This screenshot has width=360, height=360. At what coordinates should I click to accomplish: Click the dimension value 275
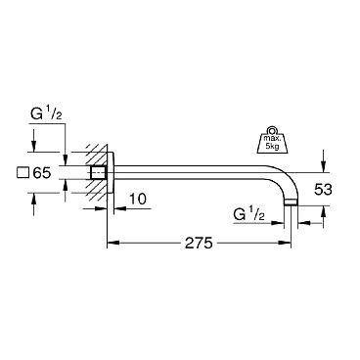[x=199, y=243]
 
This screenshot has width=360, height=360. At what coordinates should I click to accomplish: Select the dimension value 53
[x=323, y=190]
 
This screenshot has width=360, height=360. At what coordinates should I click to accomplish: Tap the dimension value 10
[x=138, y=199]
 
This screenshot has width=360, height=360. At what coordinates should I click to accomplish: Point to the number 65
[x=42, y=173]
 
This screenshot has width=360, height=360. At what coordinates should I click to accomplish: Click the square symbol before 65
[x=23, y=173]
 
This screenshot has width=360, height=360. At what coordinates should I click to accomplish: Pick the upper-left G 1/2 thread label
[x=46, y=114]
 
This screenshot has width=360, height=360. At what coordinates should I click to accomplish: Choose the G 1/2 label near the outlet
[x=248, y=215]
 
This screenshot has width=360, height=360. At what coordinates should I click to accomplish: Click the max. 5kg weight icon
[x=272, y=140]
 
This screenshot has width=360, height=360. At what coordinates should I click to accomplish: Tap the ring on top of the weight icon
[x=272, y=129]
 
